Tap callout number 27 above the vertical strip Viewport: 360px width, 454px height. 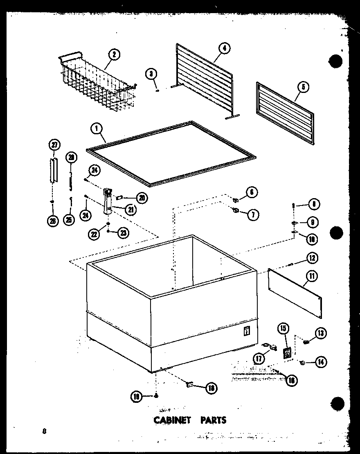point(54,145)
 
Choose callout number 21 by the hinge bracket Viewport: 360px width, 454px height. point(131,210)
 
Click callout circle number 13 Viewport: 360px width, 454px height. point(320,334)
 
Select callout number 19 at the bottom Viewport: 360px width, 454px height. point(136,396)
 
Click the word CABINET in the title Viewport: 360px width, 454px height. point(172,420)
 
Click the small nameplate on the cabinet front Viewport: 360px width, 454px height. point(247,331)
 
